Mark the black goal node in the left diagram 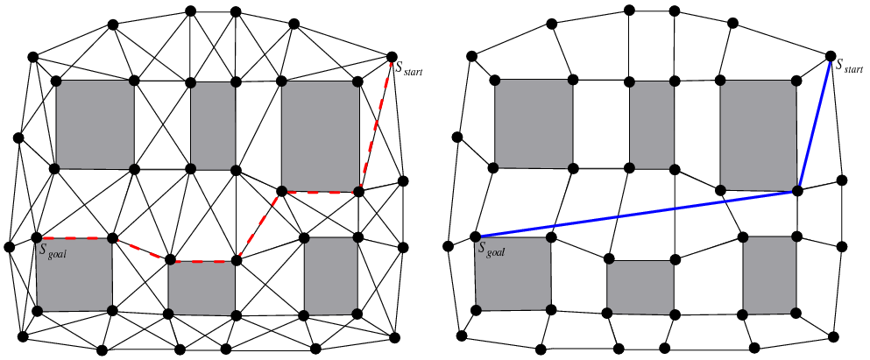(x=37, y=237)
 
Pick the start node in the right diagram (x=831, y=57)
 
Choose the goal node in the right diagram (x=476, y=236)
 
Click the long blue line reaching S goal (x=637, y=213)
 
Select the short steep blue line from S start (x=815, y=124)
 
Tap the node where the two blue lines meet (x=798, y=190)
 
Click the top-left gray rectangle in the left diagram (x=95, y=124)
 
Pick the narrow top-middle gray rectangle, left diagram (x=213, y=124)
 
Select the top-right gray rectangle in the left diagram (x=320, y=134)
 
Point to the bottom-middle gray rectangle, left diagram (x=202, y=286)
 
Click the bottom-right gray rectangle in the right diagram (x=769, y=275)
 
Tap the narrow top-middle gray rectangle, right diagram (x=652, y=124)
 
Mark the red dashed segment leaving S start (x=376, y=123)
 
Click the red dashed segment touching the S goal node (x=74, y=237)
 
